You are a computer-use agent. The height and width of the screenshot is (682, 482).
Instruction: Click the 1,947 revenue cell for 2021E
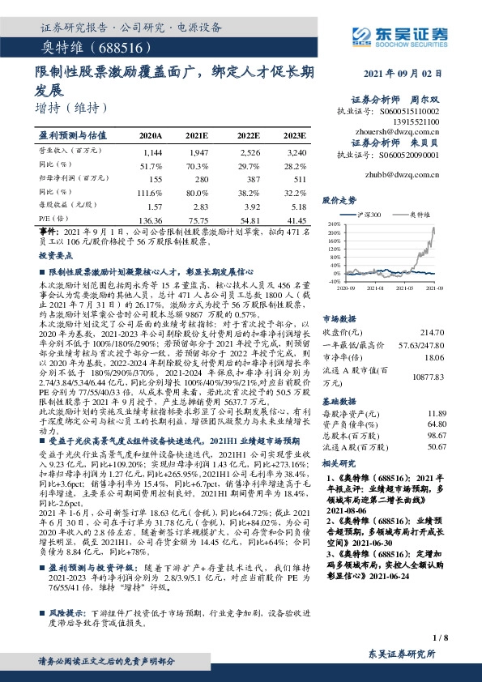(197, 151)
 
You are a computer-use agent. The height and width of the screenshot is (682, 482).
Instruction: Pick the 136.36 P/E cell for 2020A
(151, 220)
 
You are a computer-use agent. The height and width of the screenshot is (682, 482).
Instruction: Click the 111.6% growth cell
(151, 192)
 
